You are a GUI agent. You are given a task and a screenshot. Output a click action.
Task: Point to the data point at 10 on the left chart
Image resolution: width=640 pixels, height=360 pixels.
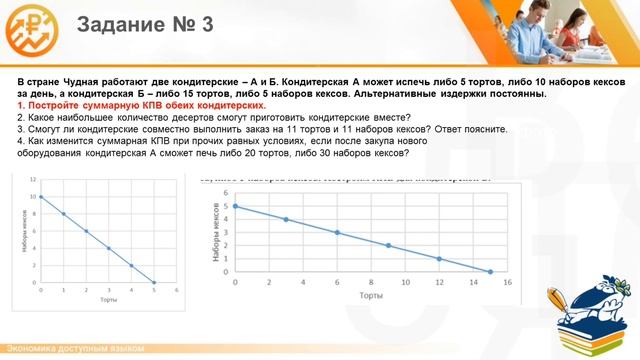40,197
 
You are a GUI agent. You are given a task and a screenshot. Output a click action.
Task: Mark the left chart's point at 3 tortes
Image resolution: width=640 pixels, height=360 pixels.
108,248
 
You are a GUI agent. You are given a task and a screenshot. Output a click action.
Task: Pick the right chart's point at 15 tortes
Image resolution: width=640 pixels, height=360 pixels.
490,271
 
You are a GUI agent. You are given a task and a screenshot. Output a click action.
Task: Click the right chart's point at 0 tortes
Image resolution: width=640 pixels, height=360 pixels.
235,206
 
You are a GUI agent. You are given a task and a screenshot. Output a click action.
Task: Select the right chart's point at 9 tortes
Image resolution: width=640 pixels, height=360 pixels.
388,245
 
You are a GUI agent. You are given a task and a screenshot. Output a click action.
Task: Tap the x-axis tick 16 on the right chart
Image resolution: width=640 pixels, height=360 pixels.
507,281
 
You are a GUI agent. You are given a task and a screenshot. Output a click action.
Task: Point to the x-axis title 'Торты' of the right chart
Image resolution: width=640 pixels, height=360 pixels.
371,296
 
